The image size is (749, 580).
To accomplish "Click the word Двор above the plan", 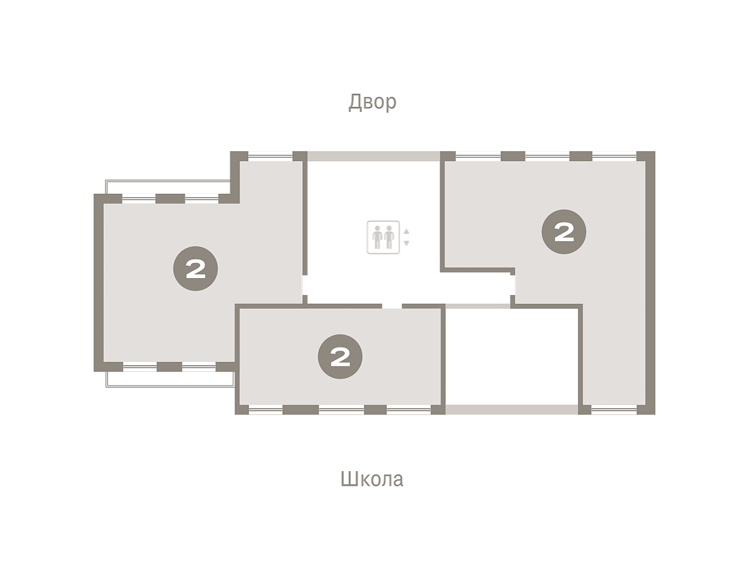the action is coord(372,102).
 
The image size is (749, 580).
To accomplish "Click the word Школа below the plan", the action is coord(371,479).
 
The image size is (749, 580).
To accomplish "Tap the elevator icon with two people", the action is coord(383,237).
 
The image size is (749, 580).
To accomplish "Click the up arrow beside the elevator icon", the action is coord(406,231).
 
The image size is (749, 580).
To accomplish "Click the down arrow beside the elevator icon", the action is coord(406,243).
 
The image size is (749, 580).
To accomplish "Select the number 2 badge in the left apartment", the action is coord(195,268).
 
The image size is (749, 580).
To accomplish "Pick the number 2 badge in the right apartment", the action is coord(564,232).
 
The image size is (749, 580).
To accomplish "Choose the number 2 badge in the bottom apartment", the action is coord(340,356).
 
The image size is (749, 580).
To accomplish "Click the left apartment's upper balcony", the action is coord(168,187).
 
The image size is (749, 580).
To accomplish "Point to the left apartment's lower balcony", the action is coord(170,379).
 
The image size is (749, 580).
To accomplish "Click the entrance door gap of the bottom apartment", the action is coord(392,306).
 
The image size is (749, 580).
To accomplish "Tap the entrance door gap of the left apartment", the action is coord(305,285).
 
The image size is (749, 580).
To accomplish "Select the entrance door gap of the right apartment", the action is coord(512,285).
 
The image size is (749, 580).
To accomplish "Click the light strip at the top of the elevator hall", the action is coord(374,156).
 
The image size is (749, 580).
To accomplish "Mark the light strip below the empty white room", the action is coord(512,409).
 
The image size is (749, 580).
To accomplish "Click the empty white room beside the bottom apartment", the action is coord(512,356).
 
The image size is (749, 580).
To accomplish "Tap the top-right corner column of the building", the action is coord(645,156).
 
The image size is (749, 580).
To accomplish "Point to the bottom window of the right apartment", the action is coord(614,409).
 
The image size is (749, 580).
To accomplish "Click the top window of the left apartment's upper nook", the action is coord(270,156).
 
